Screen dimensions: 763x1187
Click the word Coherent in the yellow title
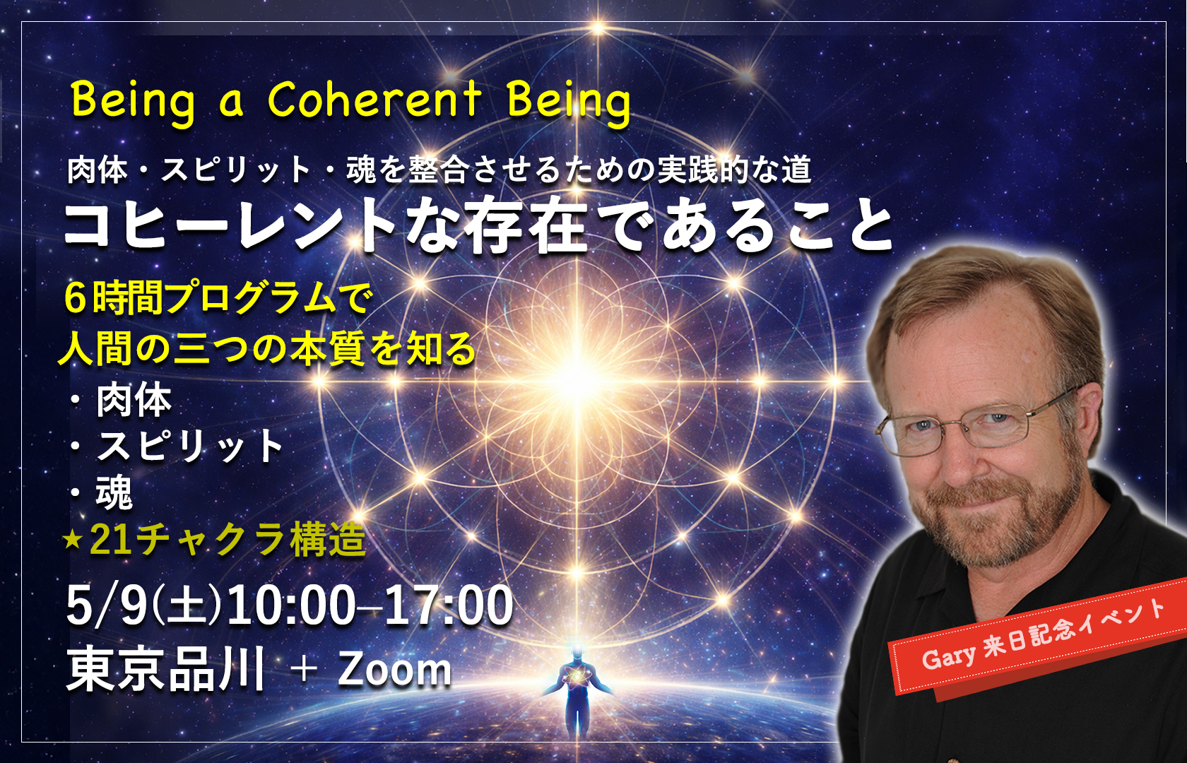[374, 100]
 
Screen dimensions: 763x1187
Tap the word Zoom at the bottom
[394, 669]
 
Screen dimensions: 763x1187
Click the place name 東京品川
[166, 669]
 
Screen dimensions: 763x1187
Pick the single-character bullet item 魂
[114, 492]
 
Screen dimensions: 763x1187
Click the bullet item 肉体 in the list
[134, 401]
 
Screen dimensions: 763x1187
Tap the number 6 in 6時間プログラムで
[75, 297]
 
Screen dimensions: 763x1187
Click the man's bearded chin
[989, 544]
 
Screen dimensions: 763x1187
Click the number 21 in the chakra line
[110, 540]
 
